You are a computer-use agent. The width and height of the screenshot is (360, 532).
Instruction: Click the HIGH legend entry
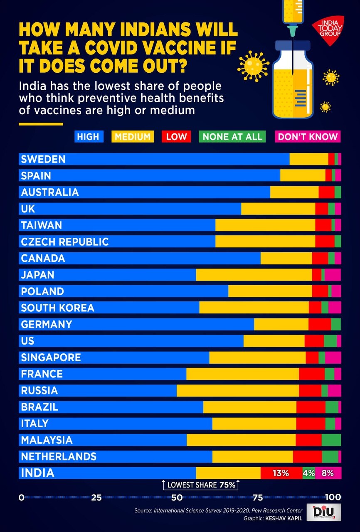(x=88, y=136)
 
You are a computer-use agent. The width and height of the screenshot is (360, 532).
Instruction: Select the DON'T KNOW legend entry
(x=308, y=136)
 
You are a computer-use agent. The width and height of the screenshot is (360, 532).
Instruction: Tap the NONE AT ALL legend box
(x=233, y=136)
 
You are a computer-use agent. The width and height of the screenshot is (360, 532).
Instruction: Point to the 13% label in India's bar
(x=281, y=473)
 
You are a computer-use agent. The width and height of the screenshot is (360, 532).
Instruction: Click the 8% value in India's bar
(x=328, y=473)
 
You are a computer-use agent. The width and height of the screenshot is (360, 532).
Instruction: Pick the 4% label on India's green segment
(x=308, y=473)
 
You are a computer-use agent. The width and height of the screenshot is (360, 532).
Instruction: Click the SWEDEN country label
(x=43, y=159)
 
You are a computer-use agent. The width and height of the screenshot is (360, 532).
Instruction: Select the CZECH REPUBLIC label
(x=65, y=241)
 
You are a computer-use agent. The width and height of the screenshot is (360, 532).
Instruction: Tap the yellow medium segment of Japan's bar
(x=254, y=275)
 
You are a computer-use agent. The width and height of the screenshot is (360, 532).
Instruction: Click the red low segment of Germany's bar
(x=320, y=324)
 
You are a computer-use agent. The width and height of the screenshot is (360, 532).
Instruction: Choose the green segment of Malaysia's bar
(x=331, y=440)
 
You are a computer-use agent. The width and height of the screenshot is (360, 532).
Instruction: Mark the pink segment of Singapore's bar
(x=333, y=357)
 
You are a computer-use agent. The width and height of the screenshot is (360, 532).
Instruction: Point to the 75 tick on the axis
(x=258, y=497)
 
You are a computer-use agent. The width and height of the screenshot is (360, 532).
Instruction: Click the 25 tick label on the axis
(x=97, y=497)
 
